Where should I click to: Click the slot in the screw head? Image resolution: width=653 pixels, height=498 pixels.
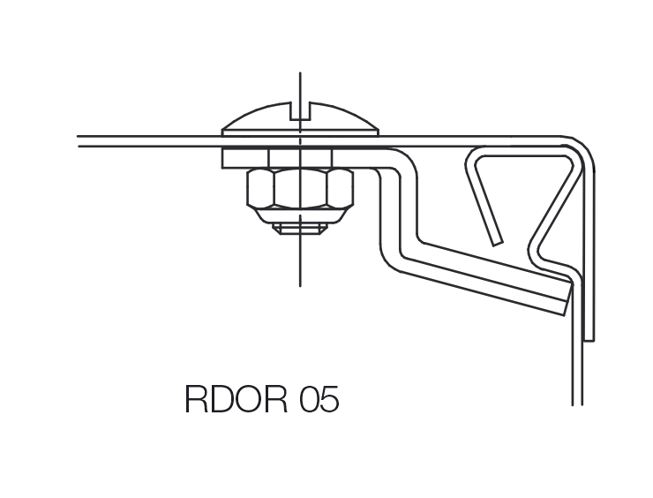pyautogui.click(x=300, y=110)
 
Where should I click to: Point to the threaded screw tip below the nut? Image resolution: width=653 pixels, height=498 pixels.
pyautogui.click(x=300, y=228)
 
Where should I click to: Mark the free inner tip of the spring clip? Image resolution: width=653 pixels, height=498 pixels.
pyautogui.click(x=498, y=240)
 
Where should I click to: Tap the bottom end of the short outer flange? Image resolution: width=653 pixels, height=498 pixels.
pyautogui.click(x=589, y=338)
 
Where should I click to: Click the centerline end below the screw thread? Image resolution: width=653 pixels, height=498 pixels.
pyautogui.click(x=300, y=283)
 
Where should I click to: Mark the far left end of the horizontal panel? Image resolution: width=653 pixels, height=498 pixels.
pyautogui.click(x=79, y=140)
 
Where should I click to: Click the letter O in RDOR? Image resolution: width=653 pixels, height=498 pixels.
pyautogui.click(x=252, y=399)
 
